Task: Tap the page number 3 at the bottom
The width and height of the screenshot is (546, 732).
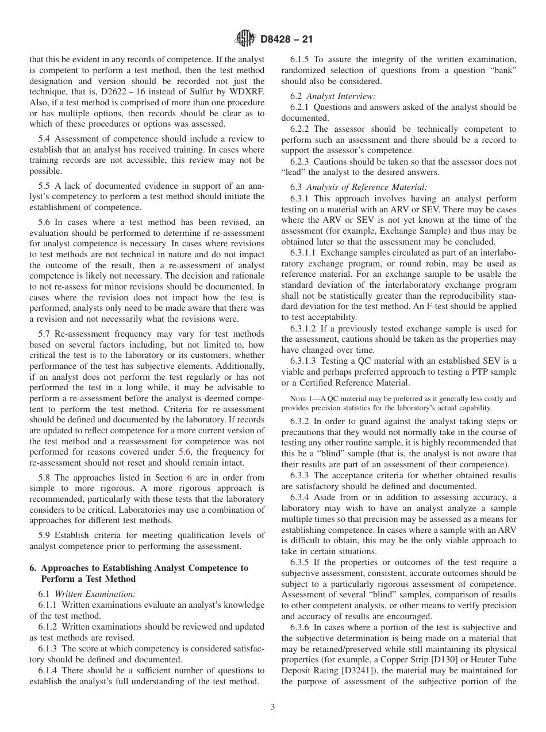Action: (273, 707)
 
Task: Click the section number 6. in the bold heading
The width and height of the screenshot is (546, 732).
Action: (33, 568)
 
